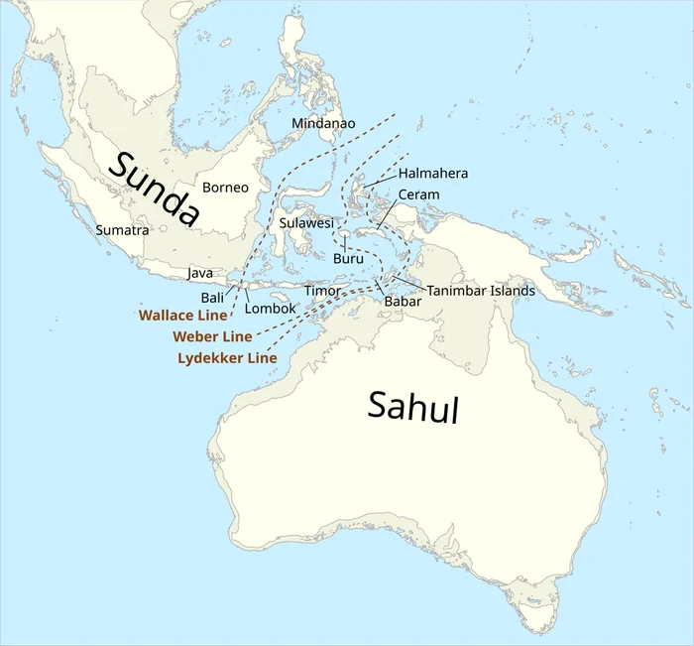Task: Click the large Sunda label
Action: coord(154,190)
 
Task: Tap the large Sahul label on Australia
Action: coord(413,406)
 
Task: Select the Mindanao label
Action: coord(323,123)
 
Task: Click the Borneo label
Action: coord(225,187)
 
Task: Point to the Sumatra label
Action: coord(122,230)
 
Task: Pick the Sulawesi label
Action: coord(306,223)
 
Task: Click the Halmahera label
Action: coord(432,174)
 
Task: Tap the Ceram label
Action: coord(418,194)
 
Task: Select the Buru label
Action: coord(348,258)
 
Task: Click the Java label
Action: coord(200,272)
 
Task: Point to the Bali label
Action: coord(212,298)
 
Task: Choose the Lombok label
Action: coord(270,309)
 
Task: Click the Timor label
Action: coord(322,291)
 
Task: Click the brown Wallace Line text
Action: coord(181,316)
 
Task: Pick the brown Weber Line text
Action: coord(212,336)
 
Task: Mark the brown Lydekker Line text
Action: coord(227,357)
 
